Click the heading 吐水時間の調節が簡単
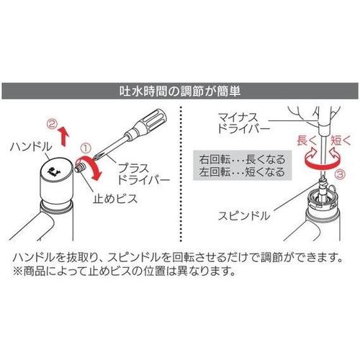(x=180, y=91)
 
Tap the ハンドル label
(x=31, y=146)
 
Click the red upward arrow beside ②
(x=63, y=136)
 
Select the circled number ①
(x=86, y=148)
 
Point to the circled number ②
(x=52, y=124)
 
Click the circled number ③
(x=340, y=174)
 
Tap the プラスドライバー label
(x=143, y=174)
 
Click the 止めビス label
(x=115, y=199)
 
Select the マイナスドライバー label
(x=243, y=123)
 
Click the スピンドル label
(x=244, y=216)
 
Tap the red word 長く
(x=307, y=140)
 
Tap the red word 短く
(x=341, y=140)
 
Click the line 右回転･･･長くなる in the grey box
(x=242, y=159)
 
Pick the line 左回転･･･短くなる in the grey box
(x=242, y=172)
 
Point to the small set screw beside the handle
(x=80, y=166)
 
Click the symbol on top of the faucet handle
(x=54, y=171)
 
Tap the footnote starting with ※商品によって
(x=124, y=271)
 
